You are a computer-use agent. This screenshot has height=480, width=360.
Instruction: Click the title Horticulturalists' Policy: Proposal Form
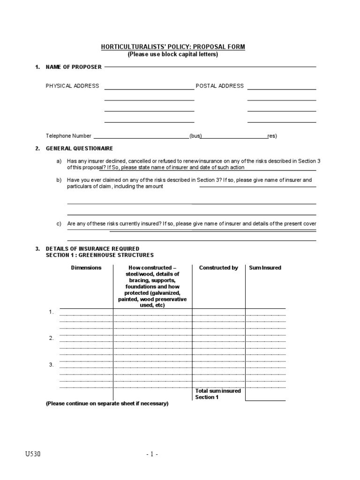(173, 47)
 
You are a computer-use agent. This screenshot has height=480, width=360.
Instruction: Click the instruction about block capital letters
(173, 54)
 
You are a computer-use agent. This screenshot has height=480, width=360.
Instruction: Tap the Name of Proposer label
(73, 67)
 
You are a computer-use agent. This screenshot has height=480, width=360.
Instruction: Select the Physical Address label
(72, 86)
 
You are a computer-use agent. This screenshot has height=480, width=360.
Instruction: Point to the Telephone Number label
(68, 136)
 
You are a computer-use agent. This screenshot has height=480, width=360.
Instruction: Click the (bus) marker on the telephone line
(195, 136)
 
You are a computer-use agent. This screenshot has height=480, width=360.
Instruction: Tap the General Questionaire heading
(79, 149)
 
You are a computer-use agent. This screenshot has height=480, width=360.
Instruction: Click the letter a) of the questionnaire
(59, 161)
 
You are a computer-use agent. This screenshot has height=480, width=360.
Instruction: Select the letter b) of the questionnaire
(59, 180)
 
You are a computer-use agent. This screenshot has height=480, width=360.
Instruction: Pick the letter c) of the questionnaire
(59, 224)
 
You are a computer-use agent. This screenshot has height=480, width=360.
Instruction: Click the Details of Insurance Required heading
(92, 249)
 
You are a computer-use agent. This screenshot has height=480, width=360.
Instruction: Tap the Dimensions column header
(86, 268)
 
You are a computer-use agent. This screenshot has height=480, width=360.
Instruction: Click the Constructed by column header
(218, 268)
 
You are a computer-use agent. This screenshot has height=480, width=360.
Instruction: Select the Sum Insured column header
(265, 268)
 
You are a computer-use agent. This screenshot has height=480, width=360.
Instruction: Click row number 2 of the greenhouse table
(51, 338)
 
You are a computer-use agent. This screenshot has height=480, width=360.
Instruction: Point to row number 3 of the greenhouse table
(51, 365)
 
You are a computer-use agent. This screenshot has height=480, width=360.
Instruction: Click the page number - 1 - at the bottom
(152, 454)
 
